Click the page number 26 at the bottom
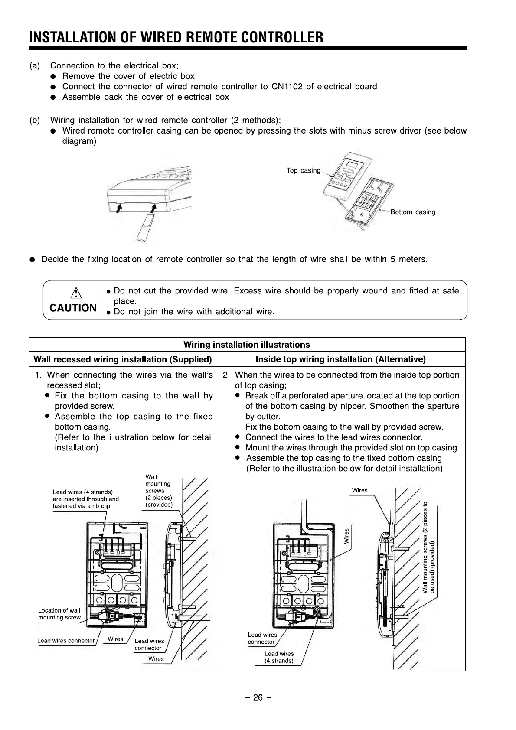[258, 697]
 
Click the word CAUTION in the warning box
[73, 308]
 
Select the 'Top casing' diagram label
[303, 170]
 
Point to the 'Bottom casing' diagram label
[412, 212]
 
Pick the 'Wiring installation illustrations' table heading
[247, 345]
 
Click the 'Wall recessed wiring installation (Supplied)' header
[123, 359]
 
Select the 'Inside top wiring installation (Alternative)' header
[340, 359]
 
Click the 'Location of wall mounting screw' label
[59, 614]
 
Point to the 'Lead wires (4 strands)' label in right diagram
[279, 657]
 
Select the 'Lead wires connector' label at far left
[66, 641]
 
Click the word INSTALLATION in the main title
[72, 37]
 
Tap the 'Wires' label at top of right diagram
[359, 490]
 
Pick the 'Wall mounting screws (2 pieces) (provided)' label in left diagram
[159, 491]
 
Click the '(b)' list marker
[34, 120]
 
